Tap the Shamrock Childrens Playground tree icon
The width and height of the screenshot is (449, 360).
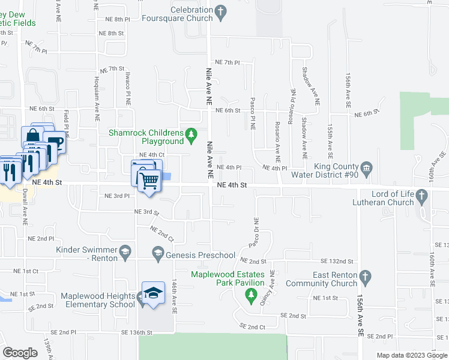pos(191,134)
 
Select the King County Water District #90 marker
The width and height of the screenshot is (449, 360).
pos(367,167)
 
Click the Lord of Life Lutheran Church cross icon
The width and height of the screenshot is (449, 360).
pos(421,195)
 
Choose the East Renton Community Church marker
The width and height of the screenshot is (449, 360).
pos(366,277)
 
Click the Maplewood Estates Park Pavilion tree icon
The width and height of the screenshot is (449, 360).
pos(251,295)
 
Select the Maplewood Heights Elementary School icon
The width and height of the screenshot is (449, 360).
pos(152,293)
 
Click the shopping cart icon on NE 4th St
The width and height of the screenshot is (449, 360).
pos(149,179)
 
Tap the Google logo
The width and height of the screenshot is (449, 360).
pos(20,353)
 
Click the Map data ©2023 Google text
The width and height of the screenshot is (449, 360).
pos(411,355)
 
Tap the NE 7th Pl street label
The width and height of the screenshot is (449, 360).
pos(227,62)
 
